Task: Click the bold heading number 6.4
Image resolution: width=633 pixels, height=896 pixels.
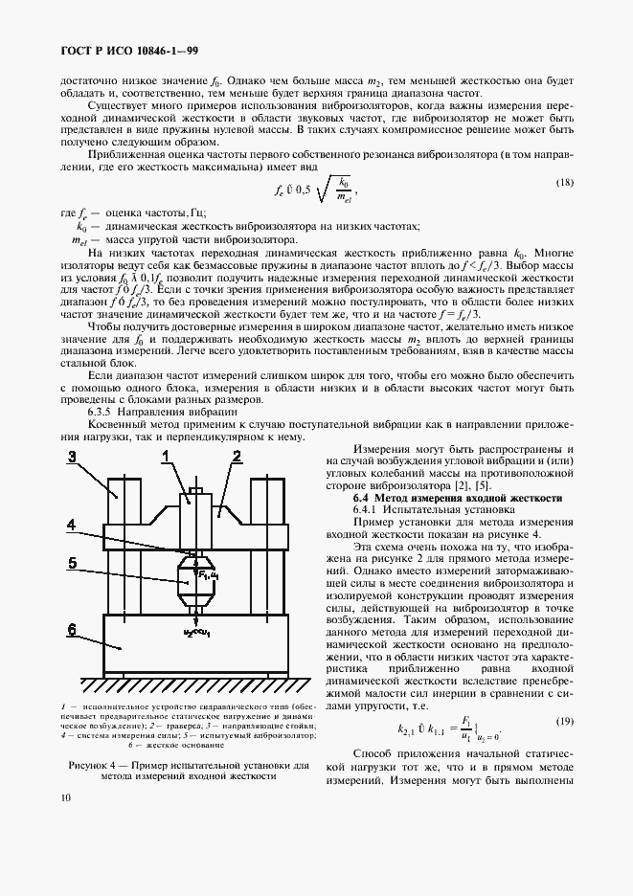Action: point(361,499)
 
